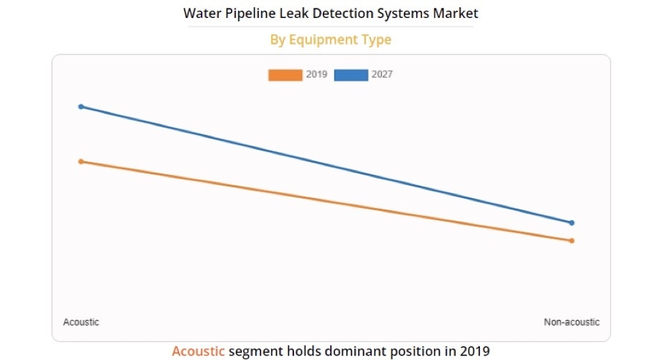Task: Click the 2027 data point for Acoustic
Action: point(81,107)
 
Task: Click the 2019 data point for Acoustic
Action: point(81,161)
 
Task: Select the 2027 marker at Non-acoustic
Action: point(572,223)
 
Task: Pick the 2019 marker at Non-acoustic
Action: point(572,240)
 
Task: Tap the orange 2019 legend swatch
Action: point(285,75)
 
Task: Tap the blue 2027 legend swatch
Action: point(351,75)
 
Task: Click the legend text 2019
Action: point(316,75)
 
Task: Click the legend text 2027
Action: point(382,75)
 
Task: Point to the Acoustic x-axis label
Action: point(81,322)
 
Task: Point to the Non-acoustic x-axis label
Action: point(572,322)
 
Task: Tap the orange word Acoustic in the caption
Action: point(198,351)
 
